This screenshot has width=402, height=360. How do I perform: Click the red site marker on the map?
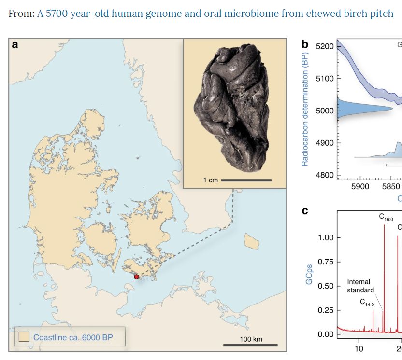(x=137, y=277)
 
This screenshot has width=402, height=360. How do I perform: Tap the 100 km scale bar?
(x=250, y=345)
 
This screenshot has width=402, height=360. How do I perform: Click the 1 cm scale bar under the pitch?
(x=246, y=180)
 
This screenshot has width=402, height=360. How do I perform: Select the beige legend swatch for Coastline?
(x=24, y=337)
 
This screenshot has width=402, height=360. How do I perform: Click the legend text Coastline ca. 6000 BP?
(x=72, y=337)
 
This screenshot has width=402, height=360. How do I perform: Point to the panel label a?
(x=15, y=45)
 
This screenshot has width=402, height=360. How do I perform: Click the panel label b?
(x=305, y=45)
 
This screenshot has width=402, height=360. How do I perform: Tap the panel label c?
(x=305, y=211)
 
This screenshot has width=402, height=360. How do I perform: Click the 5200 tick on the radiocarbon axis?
(x=324, y=46)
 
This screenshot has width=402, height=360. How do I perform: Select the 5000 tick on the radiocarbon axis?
(x=324, y=111)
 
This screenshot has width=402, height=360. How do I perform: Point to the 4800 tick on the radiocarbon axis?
(x=324, y=175)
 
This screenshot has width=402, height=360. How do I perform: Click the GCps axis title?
(x=309, y=273)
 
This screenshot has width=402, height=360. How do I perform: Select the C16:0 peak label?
(x=386, y=218)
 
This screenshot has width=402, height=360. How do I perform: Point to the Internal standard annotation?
(x=360, y=286)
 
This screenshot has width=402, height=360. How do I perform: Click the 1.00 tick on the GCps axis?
(x=326, y=238)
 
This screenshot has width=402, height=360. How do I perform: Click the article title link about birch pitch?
(x=215, y=13)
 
